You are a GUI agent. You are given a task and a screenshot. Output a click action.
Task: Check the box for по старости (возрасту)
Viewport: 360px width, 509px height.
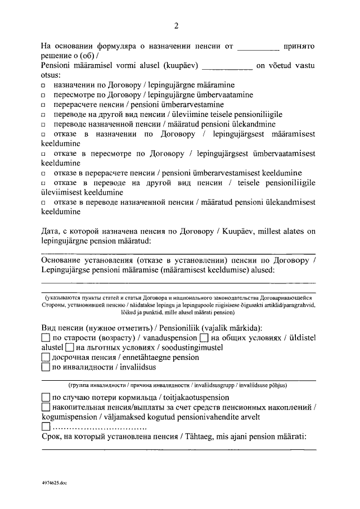tap(46, 338)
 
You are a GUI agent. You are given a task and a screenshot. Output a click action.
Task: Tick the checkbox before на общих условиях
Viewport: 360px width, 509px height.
tap(205, 338)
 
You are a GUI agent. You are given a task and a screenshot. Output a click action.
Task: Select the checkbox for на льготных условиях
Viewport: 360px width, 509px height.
tap(70, 348)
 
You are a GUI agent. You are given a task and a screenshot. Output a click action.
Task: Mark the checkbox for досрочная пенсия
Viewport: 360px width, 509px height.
tap(46, 358)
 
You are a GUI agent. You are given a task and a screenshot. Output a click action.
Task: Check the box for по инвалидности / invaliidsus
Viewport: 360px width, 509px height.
tap(46, 368)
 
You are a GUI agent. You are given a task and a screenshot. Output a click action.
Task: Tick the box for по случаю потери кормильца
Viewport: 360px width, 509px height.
tap(46, 397)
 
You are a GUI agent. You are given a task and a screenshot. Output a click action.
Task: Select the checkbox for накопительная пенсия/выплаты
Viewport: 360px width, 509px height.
tap(46, 407)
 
